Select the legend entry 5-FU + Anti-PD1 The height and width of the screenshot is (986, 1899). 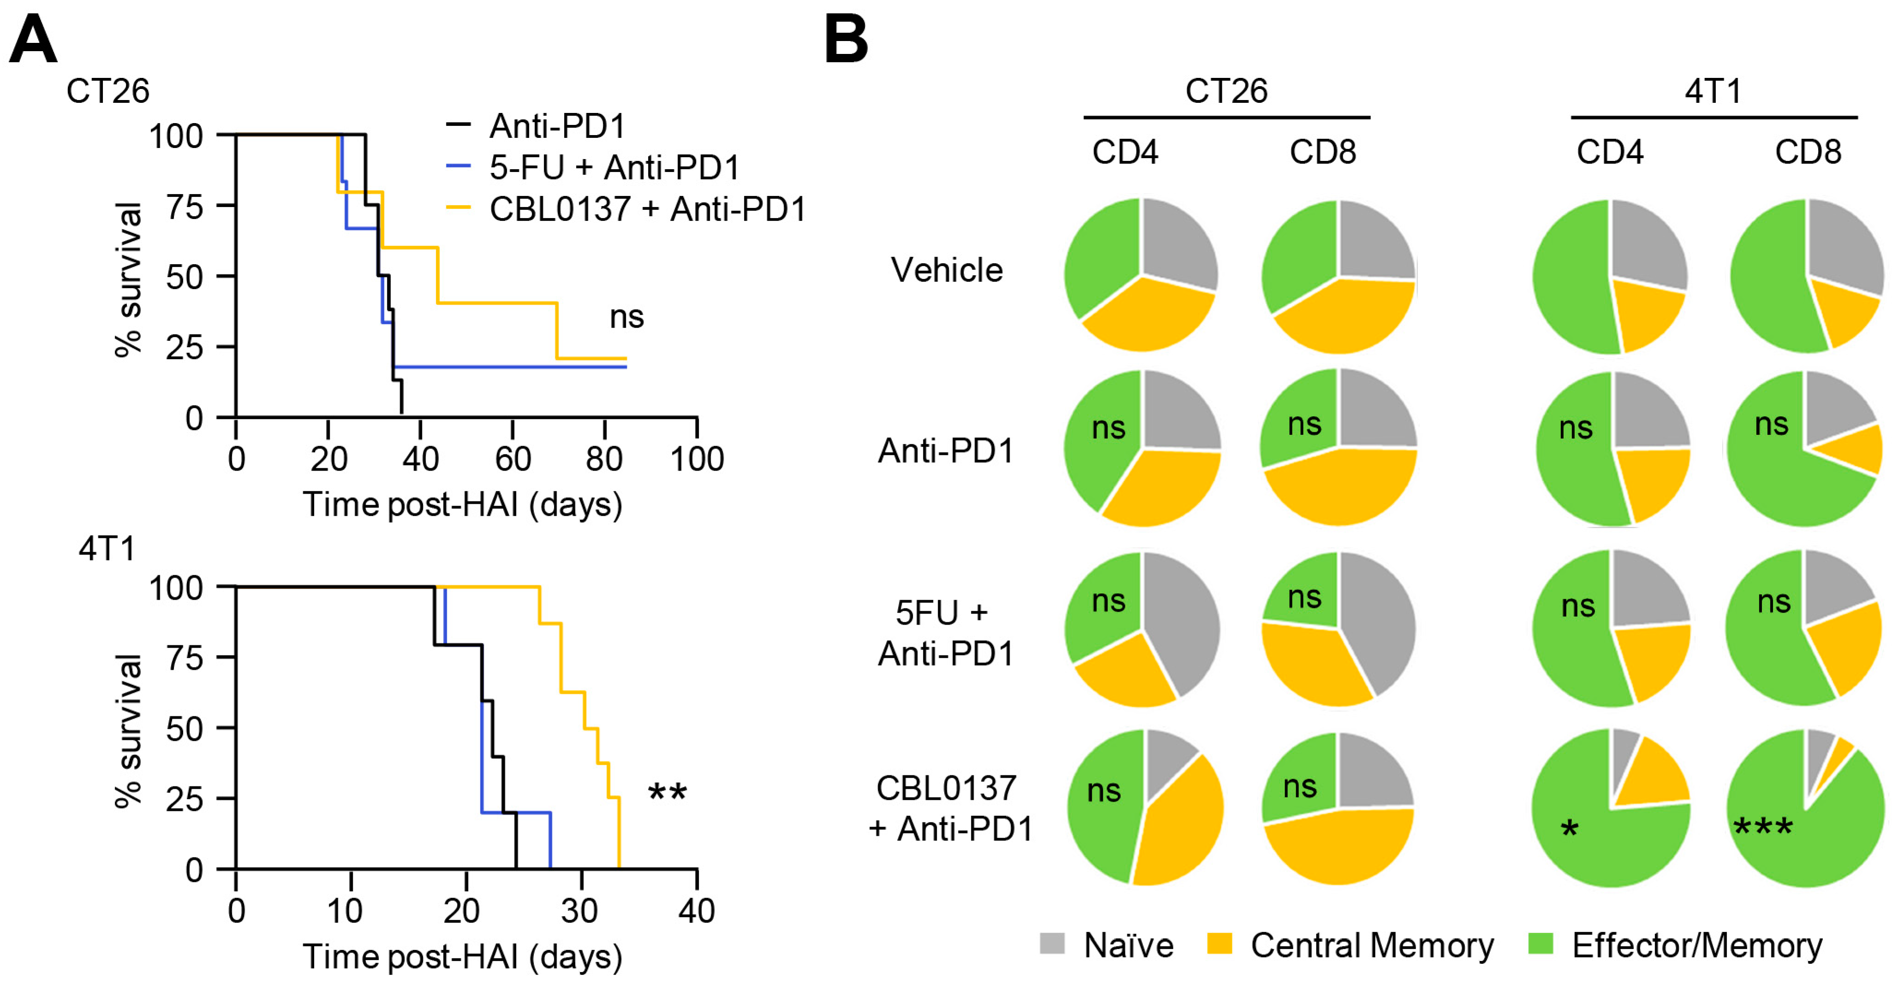tap(613, 167)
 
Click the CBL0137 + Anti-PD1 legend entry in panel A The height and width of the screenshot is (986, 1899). tap(647, 209)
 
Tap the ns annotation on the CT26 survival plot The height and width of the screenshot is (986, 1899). tap(626, 317)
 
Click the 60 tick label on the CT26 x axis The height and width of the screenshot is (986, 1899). tap(512, 459)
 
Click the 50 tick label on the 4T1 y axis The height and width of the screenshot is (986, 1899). tap(185, 728)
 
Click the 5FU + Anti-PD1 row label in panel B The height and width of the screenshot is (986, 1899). tap(946, 632)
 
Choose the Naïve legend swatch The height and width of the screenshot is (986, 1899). tap(1052, 943)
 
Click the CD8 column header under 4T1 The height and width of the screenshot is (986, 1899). tap(1808, 152)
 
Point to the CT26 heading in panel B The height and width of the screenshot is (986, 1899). tap(1226, 91)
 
